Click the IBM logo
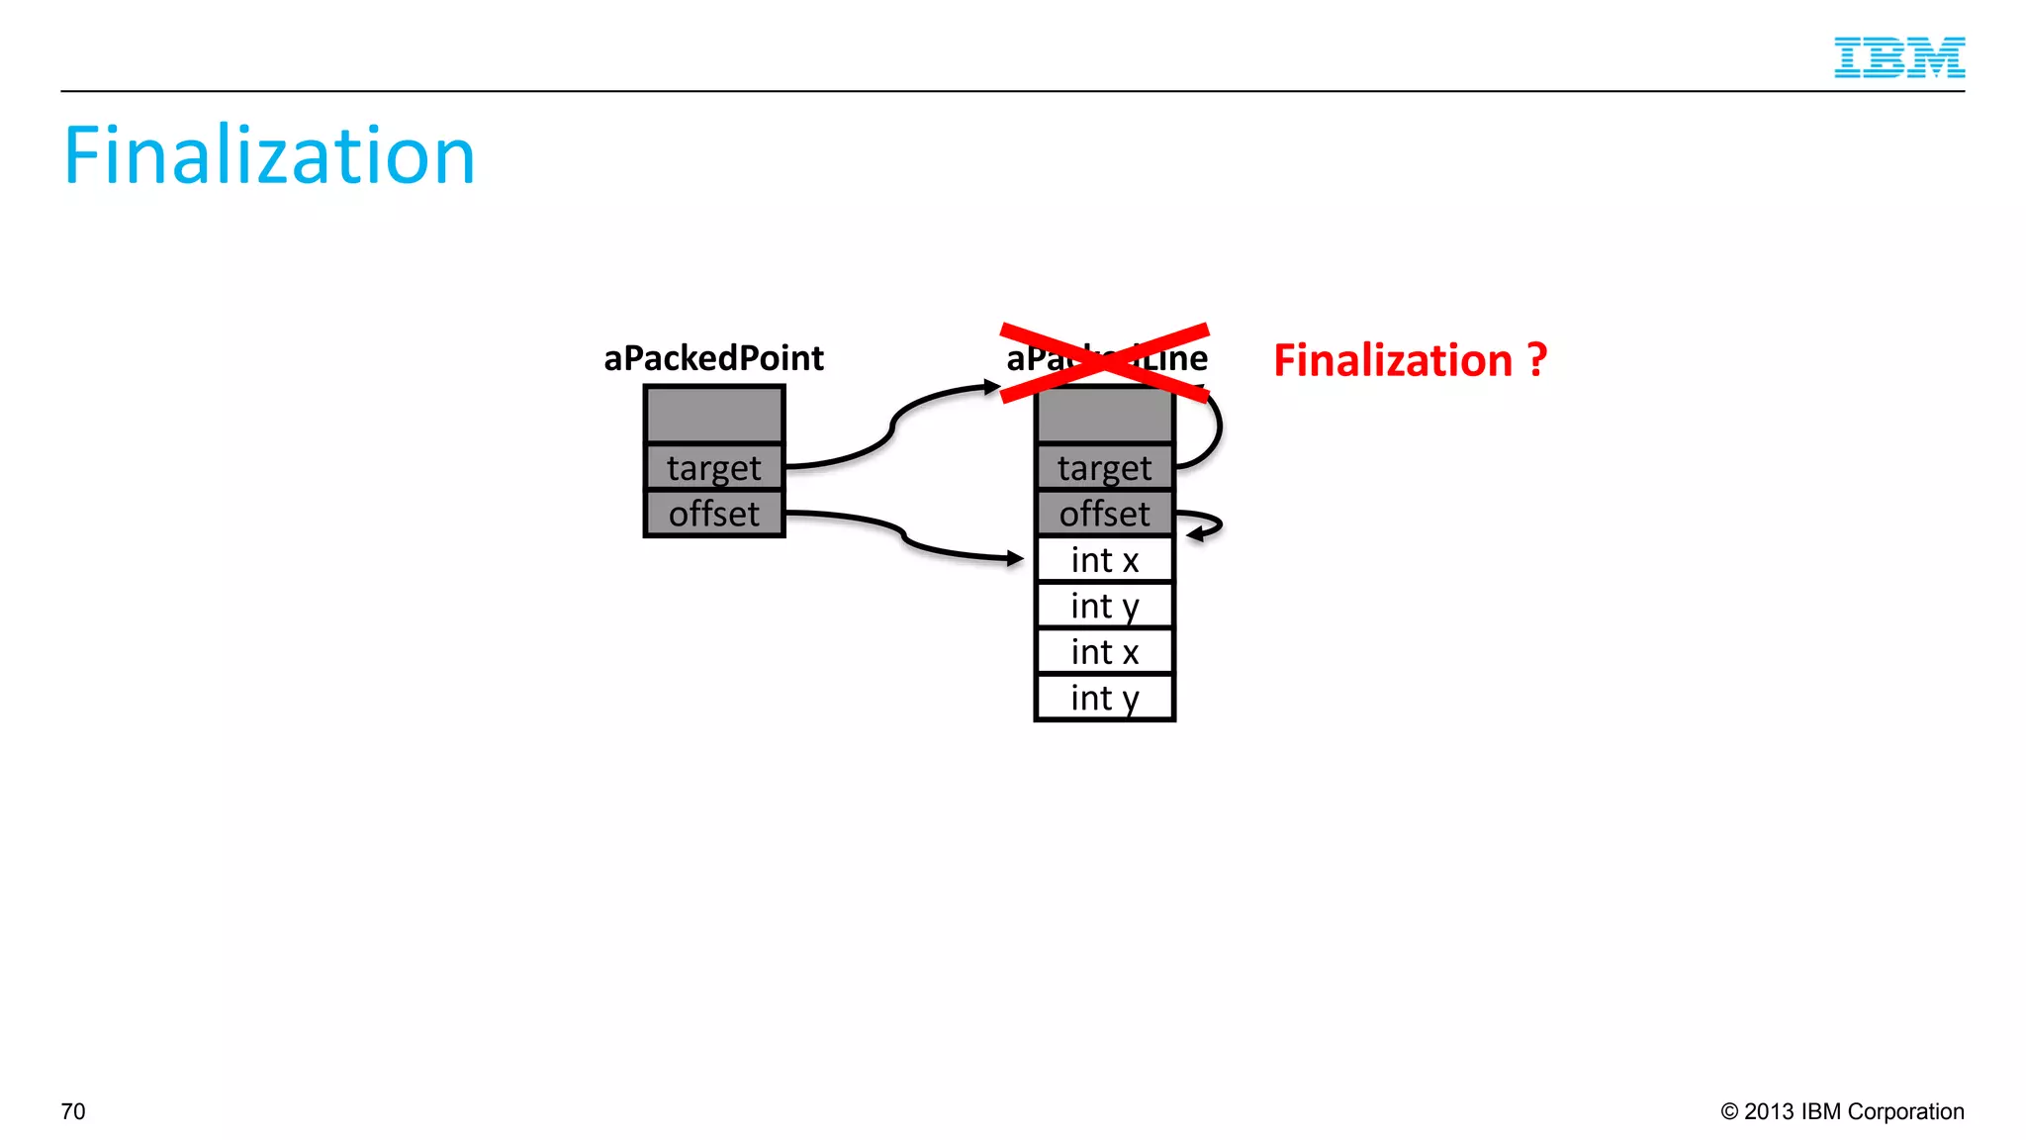(x=1898, y=57)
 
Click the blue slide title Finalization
(x=269, y=156)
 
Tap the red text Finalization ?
(x=1409, y=360)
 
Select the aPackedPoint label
(x=713, y=358)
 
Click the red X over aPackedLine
(x=1104, y=362)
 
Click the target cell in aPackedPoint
(x=713, y=467)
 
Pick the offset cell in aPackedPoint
(x=713, y=514)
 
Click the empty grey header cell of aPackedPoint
(x=713, y=415)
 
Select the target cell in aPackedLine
(x=1104, y=467)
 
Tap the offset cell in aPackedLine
(x=1104, y=514)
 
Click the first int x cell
(x=1104, y=560)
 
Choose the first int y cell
(x=1104, y=606)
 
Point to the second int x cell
(x=1104, y=652)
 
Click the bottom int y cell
(x=1104, y=698)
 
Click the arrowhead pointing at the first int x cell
(x=1015, y=559)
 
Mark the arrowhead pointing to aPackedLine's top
(x=992, y=387)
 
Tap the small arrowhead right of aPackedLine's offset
(x=1195, y=534)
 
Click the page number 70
(x=73, y=1111)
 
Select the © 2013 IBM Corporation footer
(x=1842, y=1111)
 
